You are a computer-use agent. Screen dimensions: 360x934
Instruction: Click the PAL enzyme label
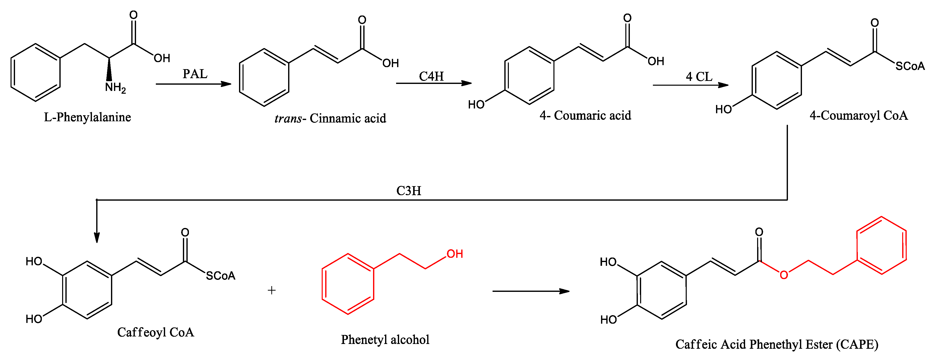(195, 74)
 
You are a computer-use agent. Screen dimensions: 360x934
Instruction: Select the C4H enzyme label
(431, 76)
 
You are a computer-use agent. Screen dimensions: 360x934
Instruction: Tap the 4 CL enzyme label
(699, 77)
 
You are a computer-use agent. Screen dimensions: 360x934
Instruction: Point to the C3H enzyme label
(409, 191)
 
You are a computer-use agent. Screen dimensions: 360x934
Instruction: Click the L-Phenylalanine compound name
(87, 117)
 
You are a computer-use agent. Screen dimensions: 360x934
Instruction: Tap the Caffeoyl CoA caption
(156, 332)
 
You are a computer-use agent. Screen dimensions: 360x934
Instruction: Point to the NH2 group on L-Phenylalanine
(115, 87)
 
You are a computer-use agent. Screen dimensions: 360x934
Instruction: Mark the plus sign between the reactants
(272, 290)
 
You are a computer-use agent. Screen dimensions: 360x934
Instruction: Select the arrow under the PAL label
(193, 84)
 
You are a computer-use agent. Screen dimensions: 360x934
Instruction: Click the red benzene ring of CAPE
(881, 246)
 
